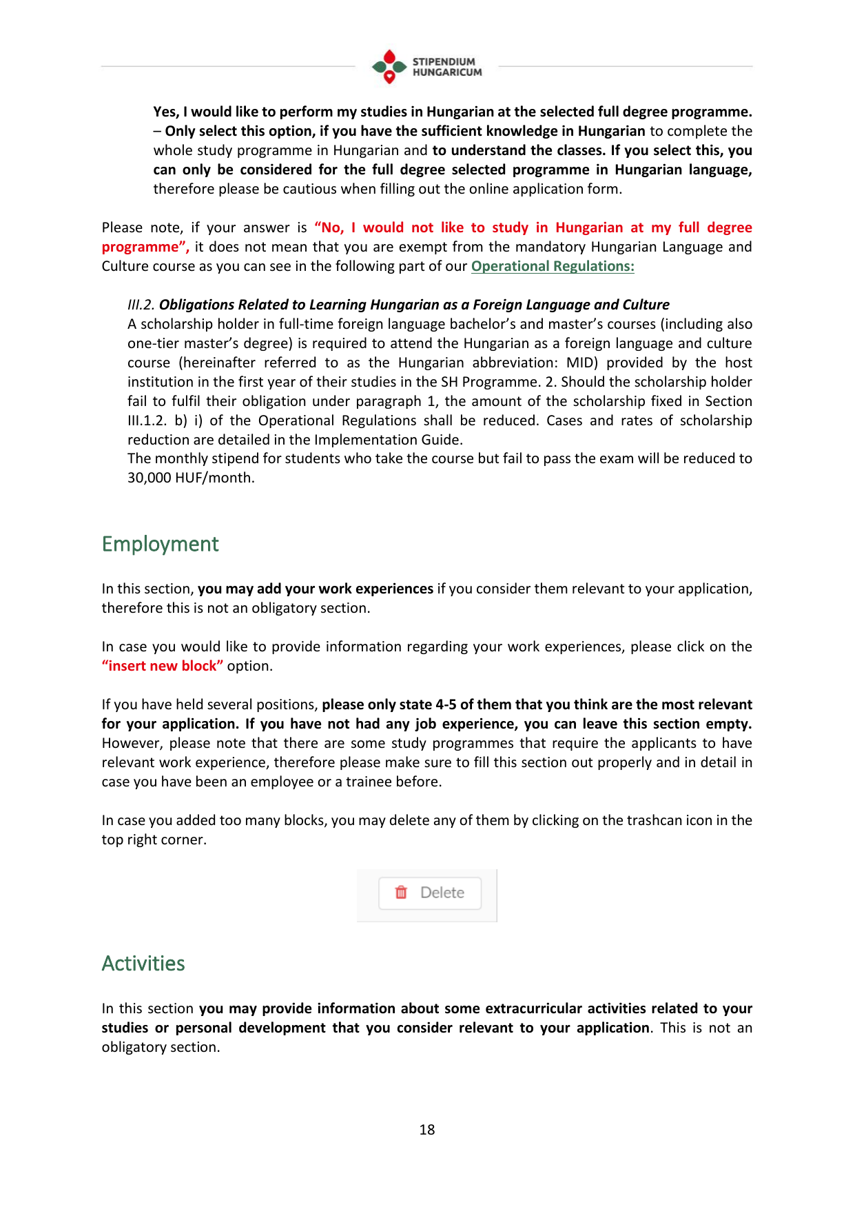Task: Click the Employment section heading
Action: pyautogui.click(x=160, y=545)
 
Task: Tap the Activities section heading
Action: pyautogui.click(x=143, y=964)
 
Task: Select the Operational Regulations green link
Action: pyautogui.click(x=553, y=267)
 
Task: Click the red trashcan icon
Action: pyautogui.click(x=401, y=893)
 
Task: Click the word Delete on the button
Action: pyautogui.click(x=442, y=893)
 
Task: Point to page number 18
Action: pyautogui.click(x=427, y=1130)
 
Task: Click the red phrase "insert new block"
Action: pyautogui.click(x=163, y=667)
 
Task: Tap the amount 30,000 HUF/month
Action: pyautogui.click(x=191, y=478)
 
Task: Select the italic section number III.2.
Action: pyautogui.click(x=141, y=305)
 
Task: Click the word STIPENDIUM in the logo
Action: pyautogui.click(x=444, y=61)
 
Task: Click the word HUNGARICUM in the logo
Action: pyautogui.click(x=447, y=72)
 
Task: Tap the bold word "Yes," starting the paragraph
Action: pyautogui.click(x=166, y=112)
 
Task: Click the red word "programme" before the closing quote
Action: pyautogui.click(x=141, y=247)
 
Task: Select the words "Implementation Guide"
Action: pyautogui.click(x=388, y=440)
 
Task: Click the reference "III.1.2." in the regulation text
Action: pyautogui.click(x=147, y=421)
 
